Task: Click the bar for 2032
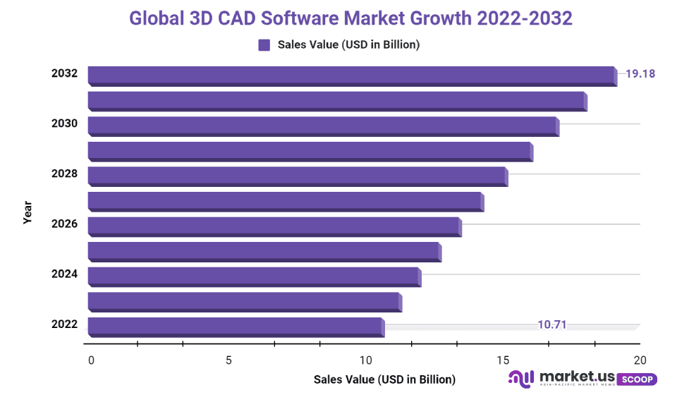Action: tap(351, 75)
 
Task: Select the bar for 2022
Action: tap(235, 326)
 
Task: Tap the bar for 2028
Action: tap(296, 175)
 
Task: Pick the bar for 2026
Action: tap(274, 226)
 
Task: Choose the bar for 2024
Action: tap(253, 276)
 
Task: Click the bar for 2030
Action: tap(322, 125)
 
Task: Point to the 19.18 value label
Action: tap(640, 73)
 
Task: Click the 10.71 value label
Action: tap(552, 325)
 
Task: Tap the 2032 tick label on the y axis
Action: tap(64, 73)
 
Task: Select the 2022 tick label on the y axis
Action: tap(64, 324)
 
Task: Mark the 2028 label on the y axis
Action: tap(64, 174)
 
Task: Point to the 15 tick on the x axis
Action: tap(503, 360)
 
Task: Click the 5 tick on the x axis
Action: tap(228, 360)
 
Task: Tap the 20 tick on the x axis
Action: tap(640, 360)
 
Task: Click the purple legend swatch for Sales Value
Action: tap(264, 45)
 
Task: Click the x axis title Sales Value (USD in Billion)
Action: tap(384, 379)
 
